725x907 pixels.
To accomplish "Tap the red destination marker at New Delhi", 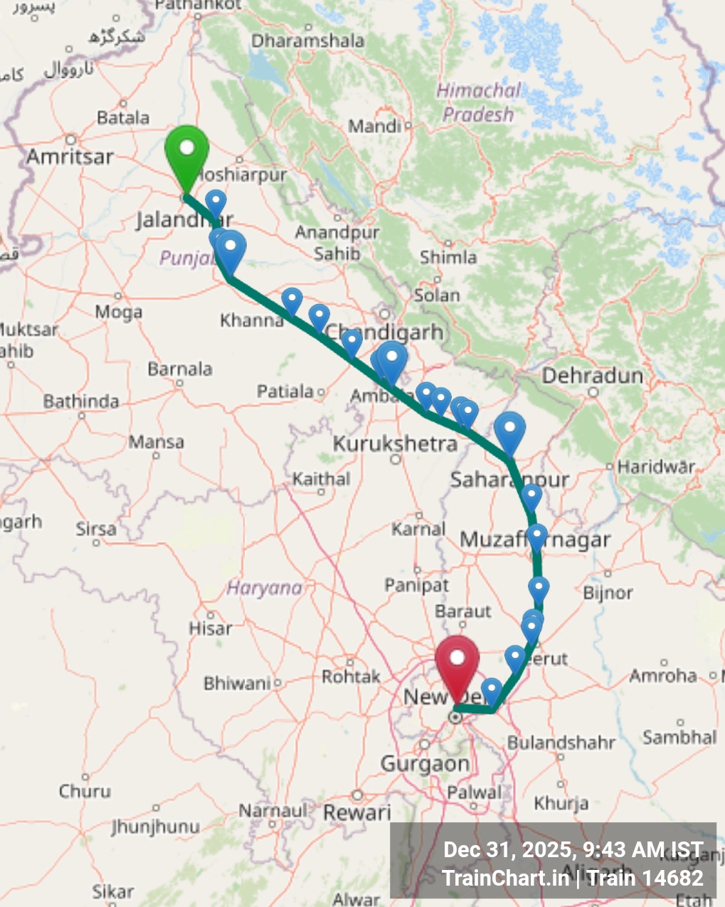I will click(456, 659).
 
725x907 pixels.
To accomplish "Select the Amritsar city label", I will click(70, 157).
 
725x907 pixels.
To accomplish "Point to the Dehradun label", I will click(592, 376).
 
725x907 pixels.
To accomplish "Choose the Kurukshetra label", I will click(395, 444).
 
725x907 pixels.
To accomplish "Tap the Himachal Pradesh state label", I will click(478, 103).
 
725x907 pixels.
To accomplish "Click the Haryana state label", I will click(264, 588).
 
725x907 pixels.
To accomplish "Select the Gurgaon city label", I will click(425, 764).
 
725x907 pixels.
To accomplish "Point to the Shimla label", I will click(448, 257).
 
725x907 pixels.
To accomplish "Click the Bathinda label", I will click(80, 402).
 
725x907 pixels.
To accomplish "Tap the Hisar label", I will click(210, 628).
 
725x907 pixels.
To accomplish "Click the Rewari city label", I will click(357, 812).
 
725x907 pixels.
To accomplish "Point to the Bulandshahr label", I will click(561, 743).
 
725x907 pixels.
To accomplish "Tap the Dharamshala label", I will click(307, 41).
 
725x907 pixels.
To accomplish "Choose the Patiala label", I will click(285, 391).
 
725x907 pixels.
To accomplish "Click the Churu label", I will click(85, 791).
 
